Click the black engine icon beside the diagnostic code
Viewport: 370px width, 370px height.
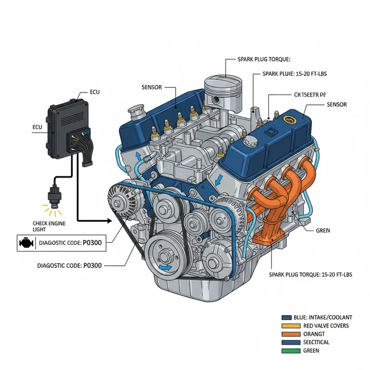click(x=25, y=243)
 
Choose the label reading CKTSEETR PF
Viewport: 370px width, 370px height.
click(x=308, y=95)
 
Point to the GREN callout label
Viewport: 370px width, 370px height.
click(x=323, y=230)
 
